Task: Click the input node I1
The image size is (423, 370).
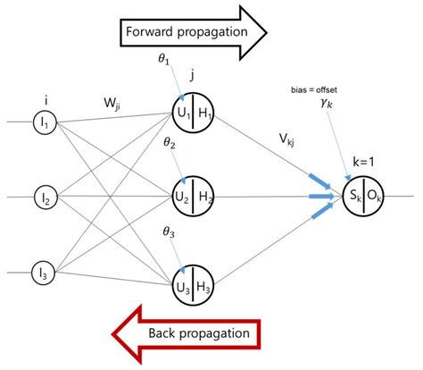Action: point(41,121)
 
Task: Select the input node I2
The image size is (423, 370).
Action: point(41,196)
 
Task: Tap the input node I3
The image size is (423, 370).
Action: point(41,271)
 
